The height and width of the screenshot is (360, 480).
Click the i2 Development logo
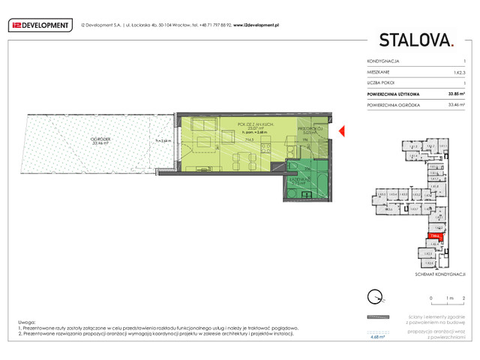pyautogui.click(x=40, y=25)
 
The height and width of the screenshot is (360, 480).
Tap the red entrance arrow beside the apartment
pyautogui.click(x=341, y=133)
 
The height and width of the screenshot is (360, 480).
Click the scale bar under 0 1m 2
pyautogui.click(x=448, y=305)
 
